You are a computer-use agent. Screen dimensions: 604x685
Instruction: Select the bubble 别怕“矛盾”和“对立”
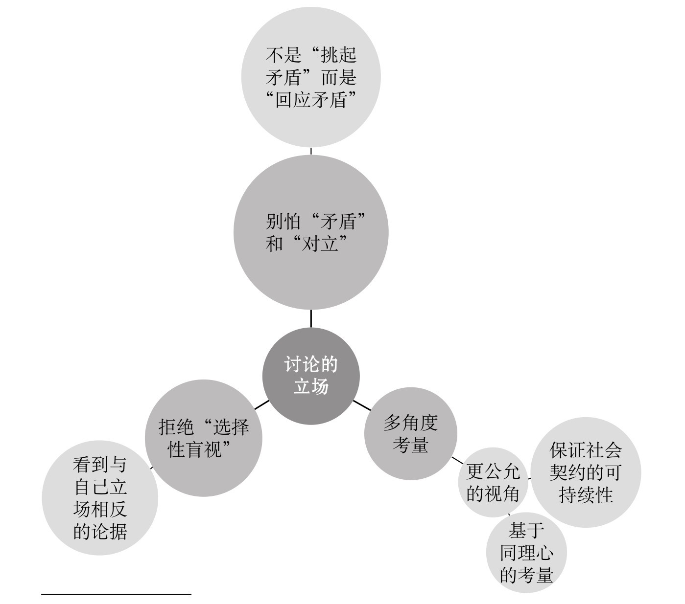pos(311,232)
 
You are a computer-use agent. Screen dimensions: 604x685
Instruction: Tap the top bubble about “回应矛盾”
pos(311,77)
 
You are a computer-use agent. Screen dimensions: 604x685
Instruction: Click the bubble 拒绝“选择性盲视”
pos(203,438)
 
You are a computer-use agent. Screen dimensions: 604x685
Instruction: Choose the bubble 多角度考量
pos(410,433)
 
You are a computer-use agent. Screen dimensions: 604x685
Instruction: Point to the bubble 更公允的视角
pos(493,483)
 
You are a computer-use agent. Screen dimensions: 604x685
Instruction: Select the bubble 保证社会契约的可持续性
pos(586,472)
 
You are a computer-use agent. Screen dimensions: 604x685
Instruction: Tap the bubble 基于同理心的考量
pos(526,553)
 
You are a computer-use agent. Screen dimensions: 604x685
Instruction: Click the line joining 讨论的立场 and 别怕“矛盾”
pos(311,318)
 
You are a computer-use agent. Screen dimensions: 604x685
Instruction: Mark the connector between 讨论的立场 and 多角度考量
pos(362,405)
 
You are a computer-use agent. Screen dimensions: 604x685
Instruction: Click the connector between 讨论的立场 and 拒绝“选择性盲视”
pos(261,405)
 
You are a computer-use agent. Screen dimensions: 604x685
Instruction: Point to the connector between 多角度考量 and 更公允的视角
pos(457,460)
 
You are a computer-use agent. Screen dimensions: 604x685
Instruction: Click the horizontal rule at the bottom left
pos(116,594)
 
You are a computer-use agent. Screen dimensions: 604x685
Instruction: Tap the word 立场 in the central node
pos(311,387)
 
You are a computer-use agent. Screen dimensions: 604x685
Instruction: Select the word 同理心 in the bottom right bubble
pos(526,553)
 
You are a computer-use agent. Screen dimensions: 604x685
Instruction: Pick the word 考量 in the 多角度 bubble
pos(410,445)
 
